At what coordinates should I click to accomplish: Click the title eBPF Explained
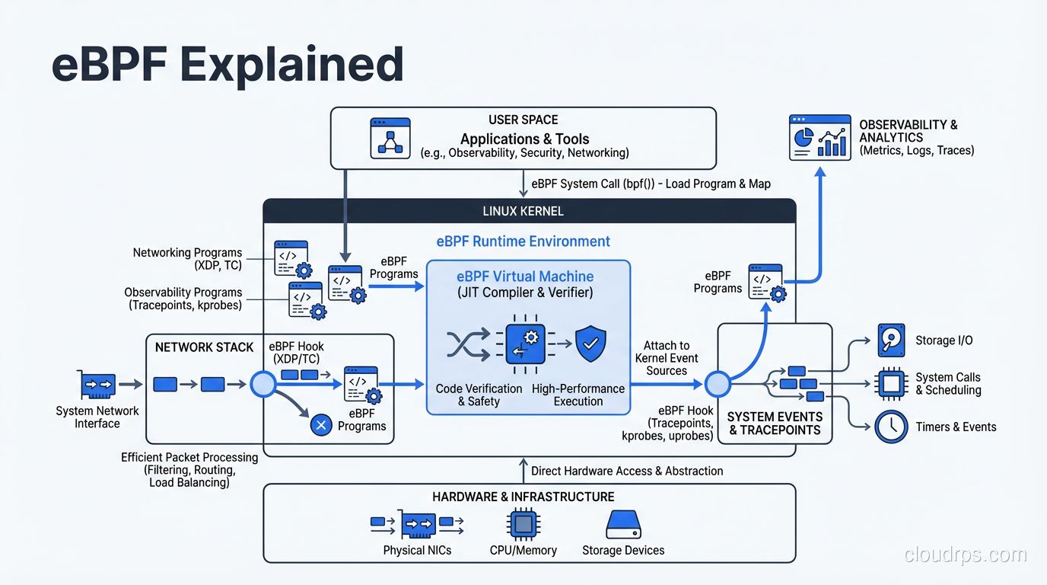(227, 64)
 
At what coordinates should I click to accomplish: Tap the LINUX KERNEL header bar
(523, 211)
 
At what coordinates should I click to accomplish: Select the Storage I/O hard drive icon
(891, 340)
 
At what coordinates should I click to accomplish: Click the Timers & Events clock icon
(891, 427)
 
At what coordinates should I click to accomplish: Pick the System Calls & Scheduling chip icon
(891, 383)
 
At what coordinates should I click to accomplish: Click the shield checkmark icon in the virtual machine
(590, 344)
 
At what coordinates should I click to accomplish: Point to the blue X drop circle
(321, 426)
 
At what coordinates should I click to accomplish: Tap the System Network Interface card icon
(97, 385)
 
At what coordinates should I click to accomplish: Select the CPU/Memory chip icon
(523, 525)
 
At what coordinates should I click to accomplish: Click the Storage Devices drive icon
(623, 526)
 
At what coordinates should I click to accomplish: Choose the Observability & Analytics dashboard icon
(819, 137)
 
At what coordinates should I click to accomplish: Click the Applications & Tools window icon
(390, 138)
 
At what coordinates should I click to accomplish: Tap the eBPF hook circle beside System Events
(717, 385)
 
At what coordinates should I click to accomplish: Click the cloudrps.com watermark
(965, 555)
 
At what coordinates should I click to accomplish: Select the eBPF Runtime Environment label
(523, 241)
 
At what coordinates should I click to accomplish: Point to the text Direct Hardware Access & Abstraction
(626, 471)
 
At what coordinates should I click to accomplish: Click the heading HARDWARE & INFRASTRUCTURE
(523, 497)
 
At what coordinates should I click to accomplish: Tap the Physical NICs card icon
(418, 525)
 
